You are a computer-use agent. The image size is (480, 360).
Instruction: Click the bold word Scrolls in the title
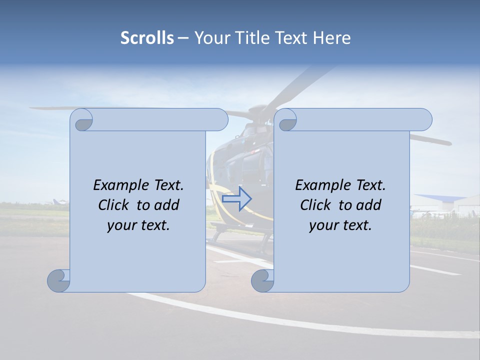147,38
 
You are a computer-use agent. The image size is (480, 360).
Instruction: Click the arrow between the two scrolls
236,199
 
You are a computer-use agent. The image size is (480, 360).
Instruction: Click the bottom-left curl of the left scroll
59,280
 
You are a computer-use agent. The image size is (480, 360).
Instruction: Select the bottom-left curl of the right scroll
262,280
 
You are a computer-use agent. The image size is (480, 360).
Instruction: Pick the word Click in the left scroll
113,205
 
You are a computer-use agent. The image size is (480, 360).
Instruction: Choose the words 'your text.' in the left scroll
138,225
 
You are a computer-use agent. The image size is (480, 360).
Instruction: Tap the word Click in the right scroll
315,205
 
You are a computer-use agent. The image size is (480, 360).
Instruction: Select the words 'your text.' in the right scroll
340,225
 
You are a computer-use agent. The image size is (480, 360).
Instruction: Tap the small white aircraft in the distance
58,202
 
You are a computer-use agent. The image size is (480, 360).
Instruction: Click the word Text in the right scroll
370,185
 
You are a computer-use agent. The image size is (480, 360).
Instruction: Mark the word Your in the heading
209,38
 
